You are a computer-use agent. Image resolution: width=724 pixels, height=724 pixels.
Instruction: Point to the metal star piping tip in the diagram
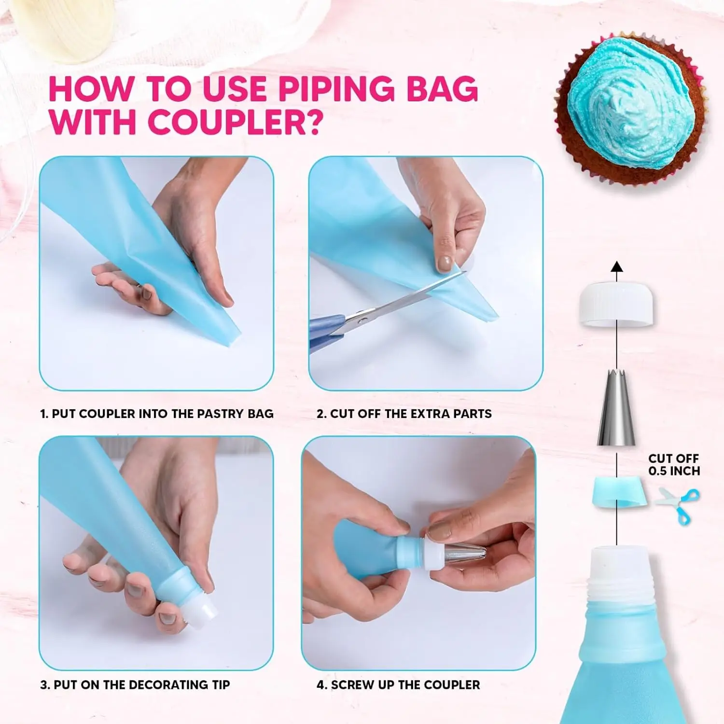click(x=616, y=408)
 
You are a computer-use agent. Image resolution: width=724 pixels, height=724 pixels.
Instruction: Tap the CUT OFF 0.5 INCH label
click(x=673, y=464)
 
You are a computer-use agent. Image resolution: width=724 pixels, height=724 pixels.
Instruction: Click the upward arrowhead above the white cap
click(x=616, y=267)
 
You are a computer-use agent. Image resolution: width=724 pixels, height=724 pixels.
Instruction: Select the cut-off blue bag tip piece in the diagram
click(x=616, y=492)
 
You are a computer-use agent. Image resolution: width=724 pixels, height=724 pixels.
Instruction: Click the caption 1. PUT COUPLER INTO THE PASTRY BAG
click(x=156, y=414)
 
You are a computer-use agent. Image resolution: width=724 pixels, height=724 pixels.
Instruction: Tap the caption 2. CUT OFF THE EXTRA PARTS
click(x=404, y=414)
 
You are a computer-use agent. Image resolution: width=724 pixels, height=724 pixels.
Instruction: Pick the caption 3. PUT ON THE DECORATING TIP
click(x=135, y=684)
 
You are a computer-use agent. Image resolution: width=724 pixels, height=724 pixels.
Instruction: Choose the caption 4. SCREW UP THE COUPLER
click(x=398, y=684)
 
